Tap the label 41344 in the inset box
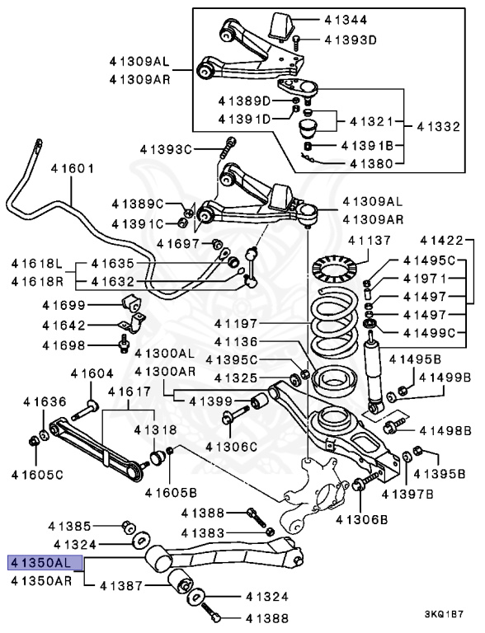(x=346, y=20)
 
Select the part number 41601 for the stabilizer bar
(x=73, y=168)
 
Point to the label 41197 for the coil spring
(x=236, y=323)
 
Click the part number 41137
(x=370, y=241)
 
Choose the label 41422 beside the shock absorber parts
(x=441, y=241)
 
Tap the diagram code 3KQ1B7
(x=444, y=615)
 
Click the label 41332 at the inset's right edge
(x=439, y=127)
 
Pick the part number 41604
(x=92, y=374)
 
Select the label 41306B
(x=362, y=519)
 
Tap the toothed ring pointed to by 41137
(x=335, y=269)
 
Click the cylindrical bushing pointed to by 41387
(x=181, y=582)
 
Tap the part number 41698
(x=64, y=345)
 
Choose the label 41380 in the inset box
(x=371, y=164)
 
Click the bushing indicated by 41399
(x=259, y=401)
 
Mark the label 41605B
(x=172, y=493)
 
